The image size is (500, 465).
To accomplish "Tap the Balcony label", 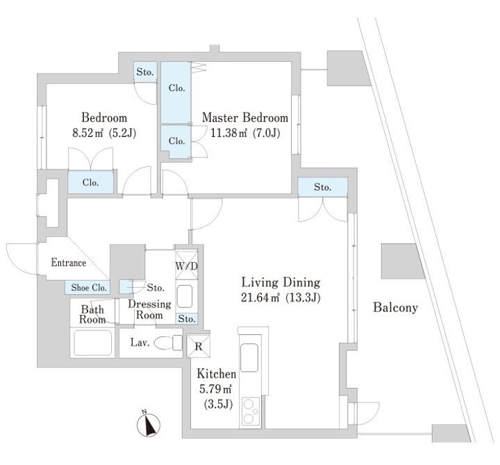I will click(x=395, y=307).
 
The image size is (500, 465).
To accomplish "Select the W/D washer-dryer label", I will click(x=185, y=266).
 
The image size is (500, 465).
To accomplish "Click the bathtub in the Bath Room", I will click(x=93, y=343).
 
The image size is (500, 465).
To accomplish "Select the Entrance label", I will click(x=68, y=263).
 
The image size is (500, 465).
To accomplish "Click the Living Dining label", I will click(x=280, y=283).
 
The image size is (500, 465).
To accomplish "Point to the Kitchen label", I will click(x=217, y=375).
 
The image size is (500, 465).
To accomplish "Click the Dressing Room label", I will click(x=149, y=309).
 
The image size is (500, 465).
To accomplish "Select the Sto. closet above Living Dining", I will click(x=321, y=187).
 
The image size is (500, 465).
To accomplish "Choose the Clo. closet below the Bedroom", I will click(x=90, y=183).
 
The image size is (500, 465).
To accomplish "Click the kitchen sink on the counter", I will click(x=249, y=360).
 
